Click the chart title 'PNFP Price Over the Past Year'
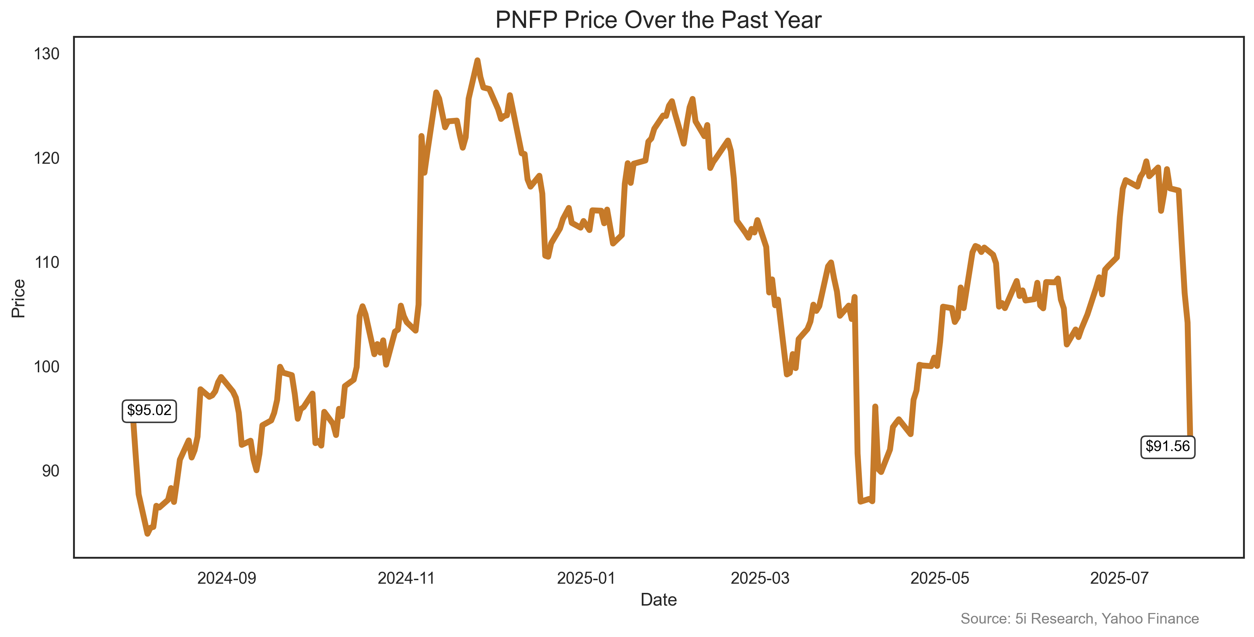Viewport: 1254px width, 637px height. click(x=658, y=20)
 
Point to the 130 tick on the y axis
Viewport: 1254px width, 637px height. click(x=47, y=54)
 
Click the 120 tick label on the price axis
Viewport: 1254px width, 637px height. click(x=47, y=158)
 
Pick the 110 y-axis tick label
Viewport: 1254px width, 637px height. click(x=47, y=263)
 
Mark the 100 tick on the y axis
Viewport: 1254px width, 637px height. click(x=47, y=367)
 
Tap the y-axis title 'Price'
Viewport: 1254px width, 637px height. click(x=18, y=298)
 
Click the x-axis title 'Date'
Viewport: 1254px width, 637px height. click(x=658, y=600)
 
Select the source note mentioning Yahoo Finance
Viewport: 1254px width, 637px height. click(x=1079, y=619)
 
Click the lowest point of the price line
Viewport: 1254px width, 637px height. click(x=148, y=533)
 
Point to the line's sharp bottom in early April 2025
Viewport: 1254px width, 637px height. click(x=861, y=501)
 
